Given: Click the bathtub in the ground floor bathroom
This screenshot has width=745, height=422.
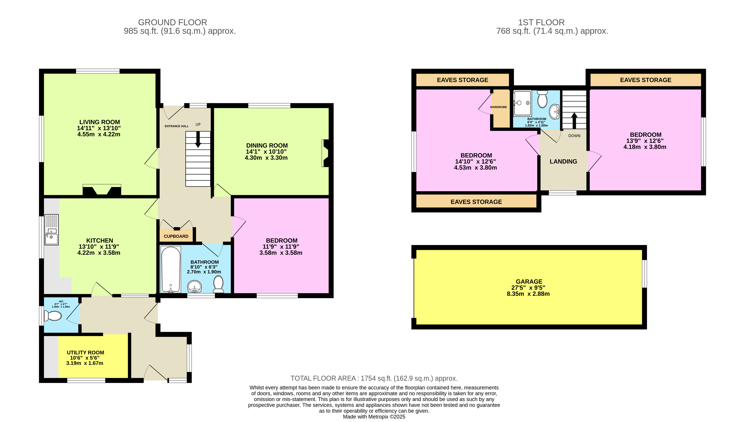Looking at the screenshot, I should tap(171, 269).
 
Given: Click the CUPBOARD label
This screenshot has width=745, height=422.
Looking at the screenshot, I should tap(176, 236).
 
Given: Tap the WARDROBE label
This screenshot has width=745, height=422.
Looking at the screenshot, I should tap(498, 107).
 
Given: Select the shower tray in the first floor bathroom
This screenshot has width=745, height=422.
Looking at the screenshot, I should tap(522, 103).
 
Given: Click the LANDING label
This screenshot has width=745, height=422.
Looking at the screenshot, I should tap(563, 161).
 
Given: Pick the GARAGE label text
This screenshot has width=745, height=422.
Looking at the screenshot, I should tap(529, 281).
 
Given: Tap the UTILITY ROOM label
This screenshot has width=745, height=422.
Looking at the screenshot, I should tap(85, 353).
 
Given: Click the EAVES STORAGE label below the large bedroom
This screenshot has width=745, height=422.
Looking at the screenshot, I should tap(476, 202).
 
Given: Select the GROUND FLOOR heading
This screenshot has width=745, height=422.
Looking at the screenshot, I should tap(172, 22).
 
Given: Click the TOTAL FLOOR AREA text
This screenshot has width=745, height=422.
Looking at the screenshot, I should tap(374, 378).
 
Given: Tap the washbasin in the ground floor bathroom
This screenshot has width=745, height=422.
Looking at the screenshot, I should tap(194, 287).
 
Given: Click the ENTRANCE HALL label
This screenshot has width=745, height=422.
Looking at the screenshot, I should tap(177, 126).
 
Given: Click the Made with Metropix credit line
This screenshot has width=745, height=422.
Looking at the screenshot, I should tap(374, 417).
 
